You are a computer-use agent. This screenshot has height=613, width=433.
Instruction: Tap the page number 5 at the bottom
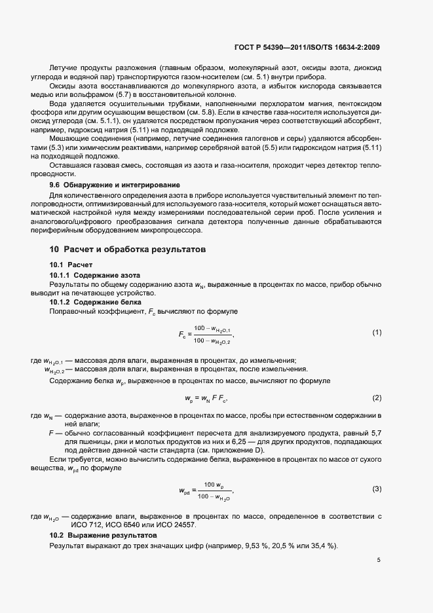[379, 561]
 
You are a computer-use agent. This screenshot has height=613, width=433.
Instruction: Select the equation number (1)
[377, 333]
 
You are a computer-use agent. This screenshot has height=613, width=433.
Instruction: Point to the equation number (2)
[377, 398]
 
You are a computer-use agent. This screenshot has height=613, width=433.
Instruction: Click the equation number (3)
[377, 489]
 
